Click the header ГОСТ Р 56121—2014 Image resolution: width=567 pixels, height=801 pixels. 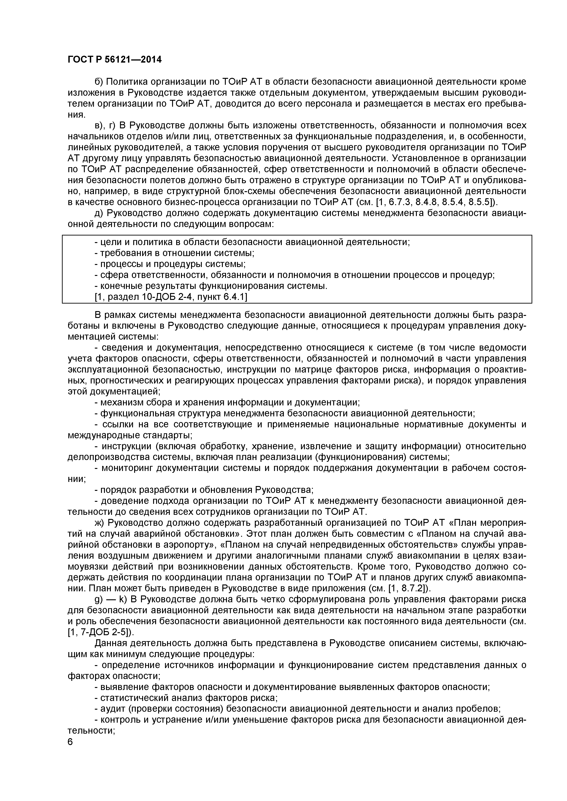pos(114,60)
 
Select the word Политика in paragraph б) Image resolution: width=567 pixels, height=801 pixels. pos(128,82)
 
